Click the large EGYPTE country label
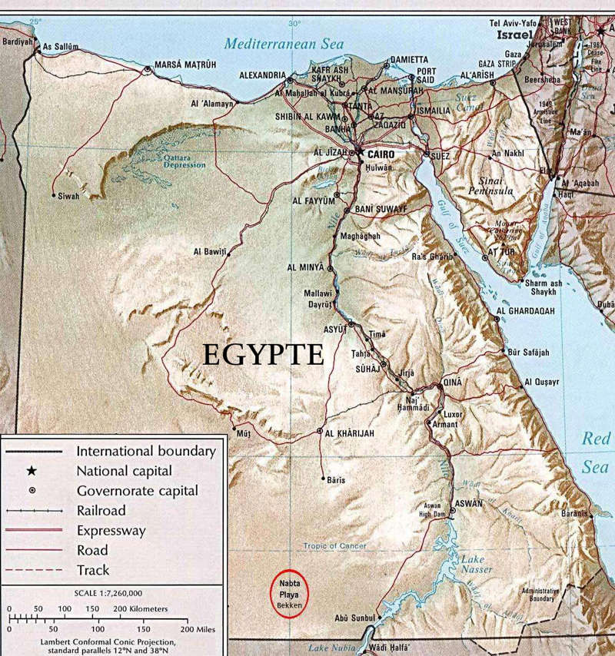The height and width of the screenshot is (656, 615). pyautogui.click(x=261, y=354)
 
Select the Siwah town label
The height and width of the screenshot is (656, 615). pyautogui.click(x=68, y=197)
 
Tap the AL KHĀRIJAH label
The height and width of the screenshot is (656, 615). pyautogui.click(x=350, y=434)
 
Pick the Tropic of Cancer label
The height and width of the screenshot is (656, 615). pyautogui.click(x=335, y=546)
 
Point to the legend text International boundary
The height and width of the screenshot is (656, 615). pyautogui.click(x=146, y=451)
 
